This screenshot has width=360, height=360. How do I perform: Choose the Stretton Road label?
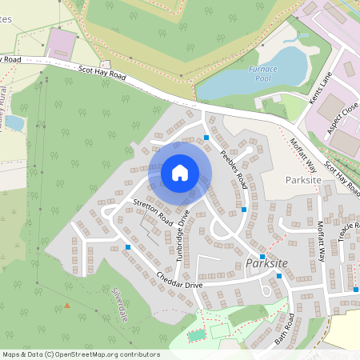[154, 210]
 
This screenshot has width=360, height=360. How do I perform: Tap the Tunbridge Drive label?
[183, 233]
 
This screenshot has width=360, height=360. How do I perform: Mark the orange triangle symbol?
[67, 305]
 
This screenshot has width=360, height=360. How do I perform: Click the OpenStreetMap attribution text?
[80, 354]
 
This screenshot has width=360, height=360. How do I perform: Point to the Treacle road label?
[349, 231]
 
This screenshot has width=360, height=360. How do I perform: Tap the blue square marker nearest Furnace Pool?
[206, 138]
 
